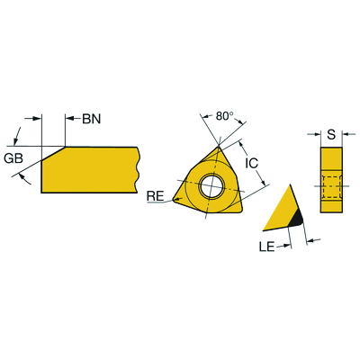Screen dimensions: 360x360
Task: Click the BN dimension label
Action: point(92,119)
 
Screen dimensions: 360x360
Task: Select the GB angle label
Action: point(13,158)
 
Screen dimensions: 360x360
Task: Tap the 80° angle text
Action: point(225,116)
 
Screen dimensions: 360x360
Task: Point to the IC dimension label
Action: point(251,163)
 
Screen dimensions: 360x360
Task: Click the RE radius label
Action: point(155,196)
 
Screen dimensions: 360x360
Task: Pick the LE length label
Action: point(266,247)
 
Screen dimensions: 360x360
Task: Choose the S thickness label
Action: point(331,135)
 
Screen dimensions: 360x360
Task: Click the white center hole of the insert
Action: point(211,185)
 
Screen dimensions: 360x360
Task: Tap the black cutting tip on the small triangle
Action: point(297,218)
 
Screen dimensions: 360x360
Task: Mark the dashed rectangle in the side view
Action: point(331,186)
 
